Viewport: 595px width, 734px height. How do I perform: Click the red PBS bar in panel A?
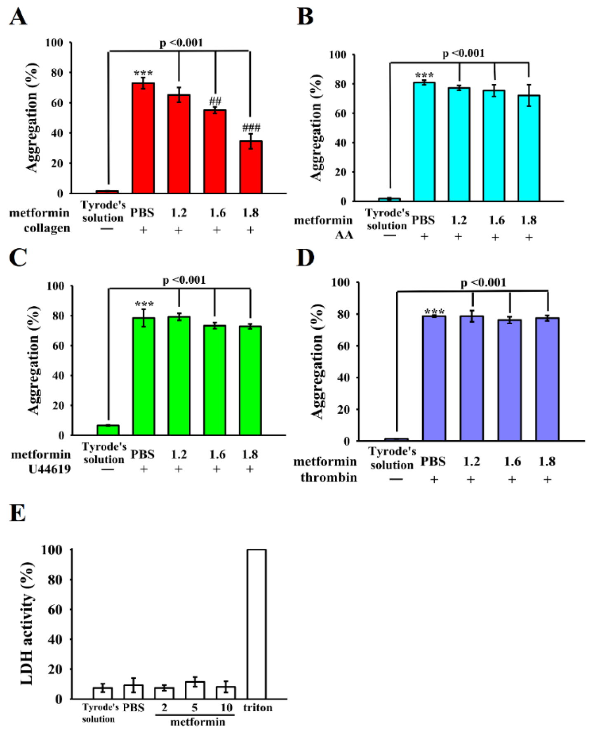tap(143, 138)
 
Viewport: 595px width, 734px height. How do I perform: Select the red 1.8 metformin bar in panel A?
tap(251, 167)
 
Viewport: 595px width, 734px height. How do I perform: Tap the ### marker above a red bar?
tap(251, 127)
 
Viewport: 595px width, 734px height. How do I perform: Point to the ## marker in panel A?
tap(215, 101)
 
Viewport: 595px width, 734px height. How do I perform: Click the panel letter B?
tap(305, 17)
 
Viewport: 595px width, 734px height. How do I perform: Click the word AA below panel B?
tap(344, 235)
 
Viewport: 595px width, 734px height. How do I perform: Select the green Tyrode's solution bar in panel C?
tap(108, 430)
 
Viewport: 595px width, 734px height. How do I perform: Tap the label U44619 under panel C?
tap(49, 469)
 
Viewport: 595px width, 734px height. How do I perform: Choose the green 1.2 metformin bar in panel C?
tap(179, 376)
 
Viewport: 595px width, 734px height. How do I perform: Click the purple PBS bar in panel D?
tap(434, 378)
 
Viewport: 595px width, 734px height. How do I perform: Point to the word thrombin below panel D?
tap(329, 477)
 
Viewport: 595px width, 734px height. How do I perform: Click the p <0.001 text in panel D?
tap(483, 283)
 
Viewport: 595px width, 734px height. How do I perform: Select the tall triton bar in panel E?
tap(256, 624)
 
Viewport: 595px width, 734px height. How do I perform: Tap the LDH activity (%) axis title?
tap(27, 623)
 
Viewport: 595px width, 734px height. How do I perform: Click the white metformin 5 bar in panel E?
tap(195, 690)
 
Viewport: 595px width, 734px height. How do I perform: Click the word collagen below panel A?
tap(47, 228)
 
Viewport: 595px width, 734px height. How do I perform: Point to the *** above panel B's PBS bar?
tap(424, 76)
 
